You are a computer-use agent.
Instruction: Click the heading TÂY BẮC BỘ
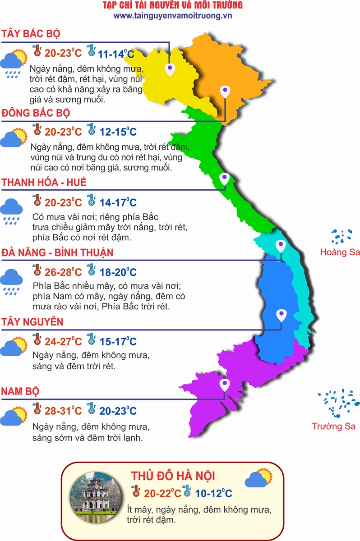coord(31,34)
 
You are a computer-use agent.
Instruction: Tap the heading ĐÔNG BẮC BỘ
coord(36,113)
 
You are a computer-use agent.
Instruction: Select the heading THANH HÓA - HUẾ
coord(44,183)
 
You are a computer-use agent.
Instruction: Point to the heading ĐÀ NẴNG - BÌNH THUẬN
coord(57,252)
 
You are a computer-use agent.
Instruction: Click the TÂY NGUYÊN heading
coord(32,322)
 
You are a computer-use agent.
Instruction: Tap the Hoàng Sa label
coord(340,252)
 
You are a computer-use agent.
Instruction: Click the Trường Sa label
coord(334,426)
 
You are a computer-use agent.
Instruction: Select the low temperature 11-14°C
coord(116,54)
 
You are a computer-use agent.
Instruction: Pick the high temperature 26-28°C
coord(63,272)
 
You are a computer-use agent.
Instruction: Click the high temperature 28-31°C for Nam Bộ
coord(63,411)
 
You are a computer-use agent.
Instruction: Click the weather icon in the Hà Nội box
coord(258,478)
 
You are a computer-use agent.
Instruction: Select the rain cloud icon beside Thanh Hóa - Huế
coord(14,211)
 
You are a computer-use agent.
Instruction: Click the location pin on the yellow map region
coord(170,69)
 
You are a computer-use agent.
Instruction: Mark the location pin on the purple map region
coord(224,385)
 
